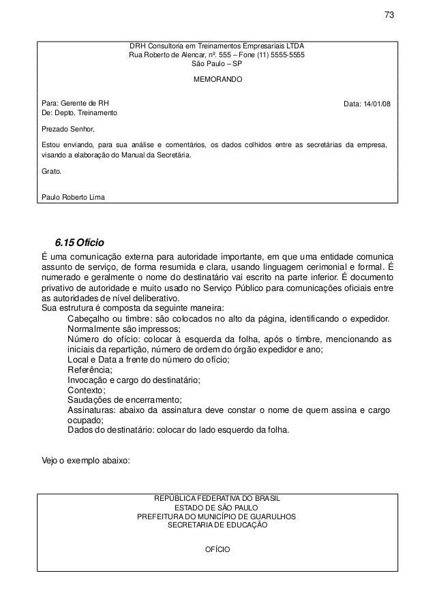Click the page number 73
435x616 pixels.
coord(389,16)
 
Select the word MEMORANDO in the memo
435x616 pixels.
coord(217,80)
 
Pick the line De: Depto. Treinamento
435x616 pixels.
coord(79,112)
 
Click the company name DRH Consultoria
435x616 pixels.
coord(159,45)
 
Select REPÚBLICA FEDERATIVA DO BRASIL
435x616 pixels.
coord(217,499)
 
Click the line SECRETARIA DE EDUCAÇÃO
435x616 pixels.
coord(217,525)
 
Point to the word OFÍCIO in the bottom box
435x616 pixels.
coord(217,549)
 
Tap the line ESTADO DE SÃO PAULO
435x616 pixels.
coord(217,508)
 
